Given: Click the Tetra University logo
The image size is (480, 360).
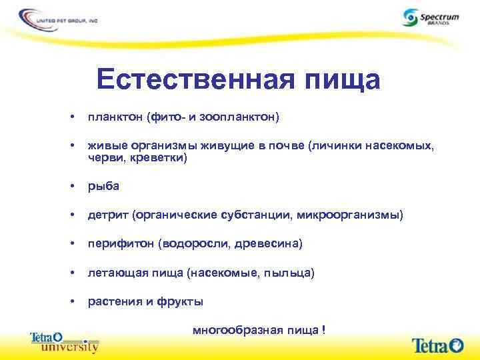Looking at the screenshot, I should [65, 342].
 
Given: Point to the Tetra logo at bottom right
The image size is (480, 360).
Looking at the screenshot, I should [437, 345].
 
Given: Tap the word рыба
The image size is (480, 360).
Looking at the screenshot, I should [103, 186].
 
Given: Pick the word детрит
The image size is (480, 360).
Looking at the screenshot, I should [107, 215].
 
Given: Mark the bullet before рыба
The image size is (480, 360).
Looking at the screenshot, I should [71, 186].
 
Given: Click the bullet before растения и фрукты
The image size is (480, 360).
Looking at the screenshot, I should [71, 301].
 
